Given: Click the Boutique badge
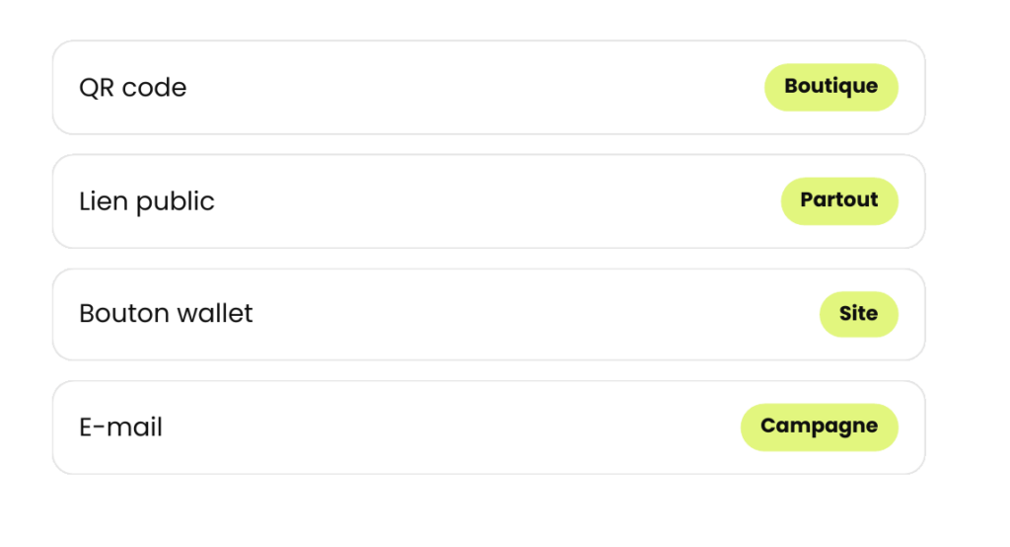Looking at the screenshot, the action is [830, 87].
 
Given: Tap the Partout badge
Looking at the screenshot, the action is [839, 200].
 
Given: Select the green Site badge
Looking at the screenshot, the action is [859, 314].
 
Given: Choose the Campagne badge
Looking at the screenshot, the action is [820, 427].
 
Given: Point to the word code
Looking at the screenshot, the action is [155, 88].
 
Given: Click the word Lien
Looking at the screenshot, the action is [104, 201].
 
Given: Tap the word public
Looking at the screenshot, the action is [176, 202].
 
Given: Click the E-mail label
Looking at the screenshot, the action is [120, 427].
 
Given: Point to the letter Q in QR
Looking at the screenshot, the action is [88, 89].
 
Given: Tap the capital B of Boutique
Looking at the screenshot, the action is [792, 86].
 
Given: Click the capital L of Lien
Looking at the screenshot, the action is [85, 201].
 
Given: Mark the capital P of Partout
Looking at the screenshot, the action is [807, 199].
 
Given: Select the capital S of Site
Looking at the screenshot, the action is [845, 314].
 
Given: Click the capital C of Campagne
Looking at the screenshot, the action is [768, 426].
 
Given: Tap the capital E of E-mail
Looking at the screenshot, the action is [85, 427].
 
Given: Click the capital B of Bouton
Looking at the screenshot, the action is [87, 314].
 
